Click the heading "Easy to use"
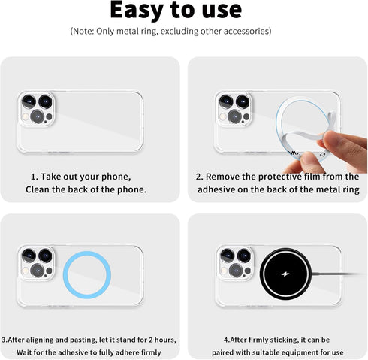176,11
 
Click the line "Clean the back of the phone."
86,189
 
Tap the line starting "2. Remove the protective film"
277,176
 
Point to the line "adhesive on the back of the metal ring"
278,189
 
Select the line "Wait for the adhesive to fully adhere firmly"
92,352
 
